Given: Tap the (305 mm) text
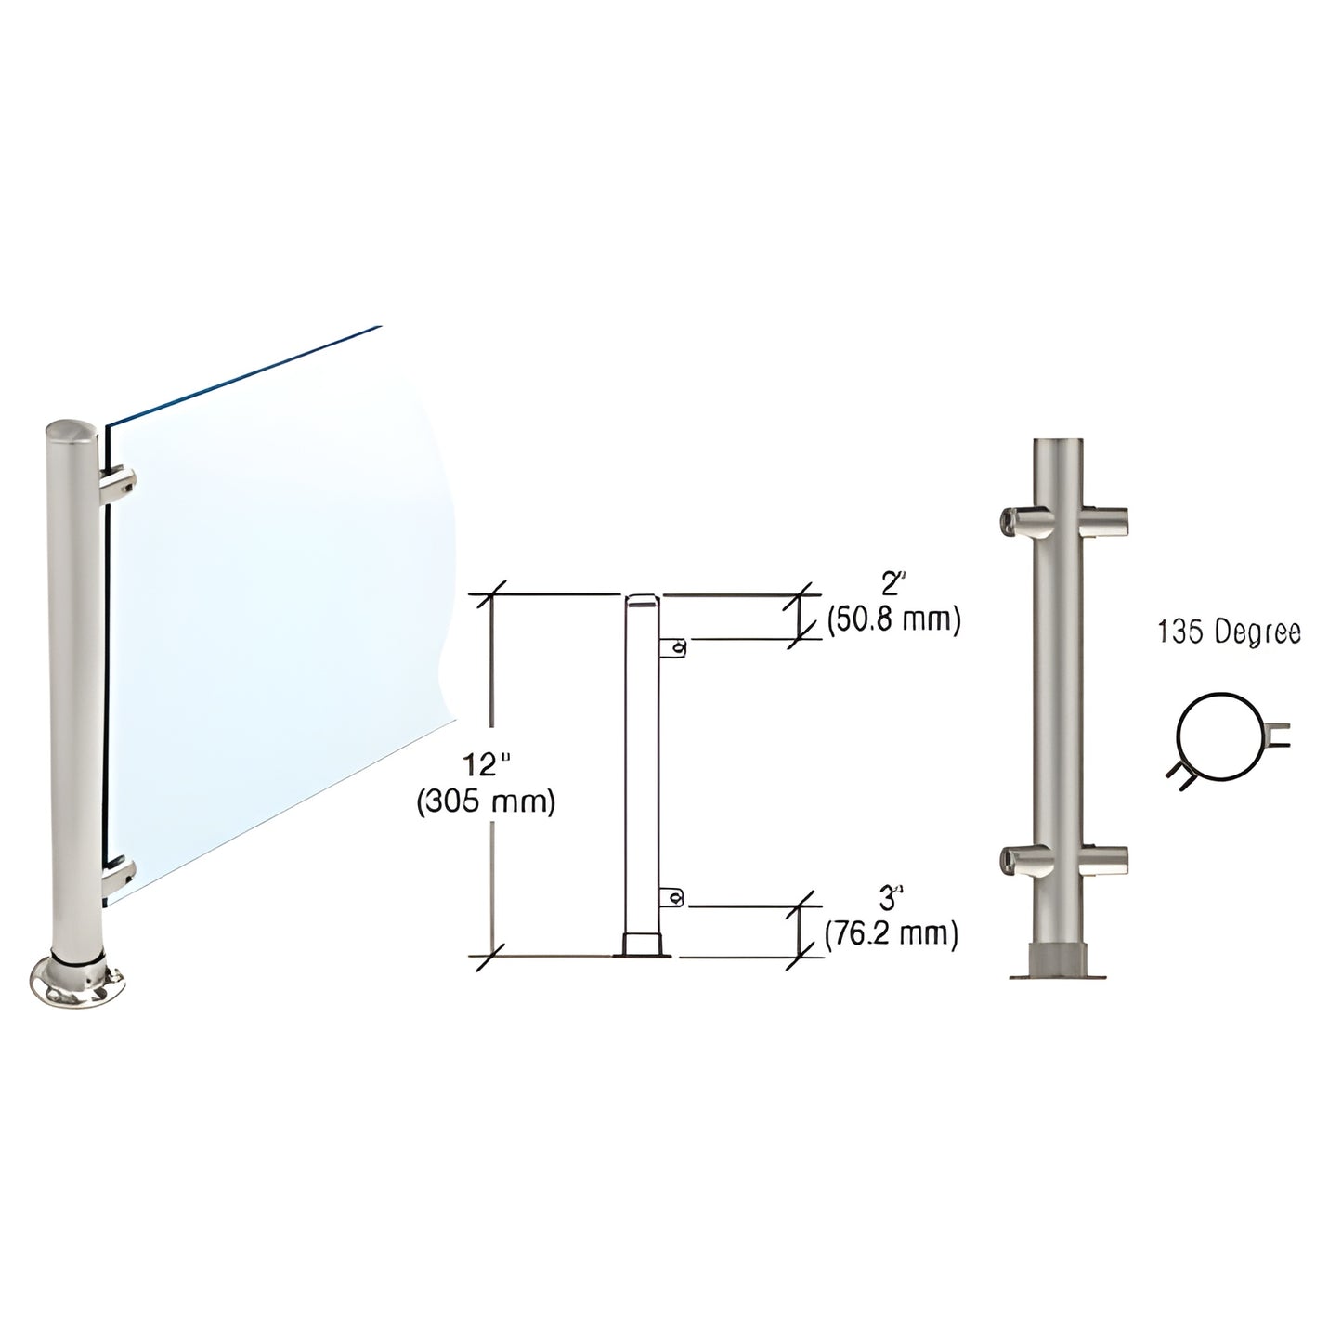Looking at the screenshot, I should (x=486, y=801).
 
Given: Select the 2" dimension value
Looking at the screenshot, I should (x=892, y=585).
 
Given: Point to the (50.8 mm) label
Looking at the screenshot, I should (x=892, y=619).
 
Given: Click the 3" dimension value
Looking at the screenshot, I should (x=892, y=898).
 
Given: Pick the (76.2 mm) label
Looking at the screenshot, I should (x=892, y=933).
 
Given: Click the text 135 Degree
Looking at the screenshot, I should (x=1229, y=632).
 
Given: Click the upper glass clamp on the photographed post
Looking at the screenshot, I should (x=120, y=484).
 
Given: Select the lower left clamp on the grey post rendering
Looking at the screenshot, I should (x=1022, y=862).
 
